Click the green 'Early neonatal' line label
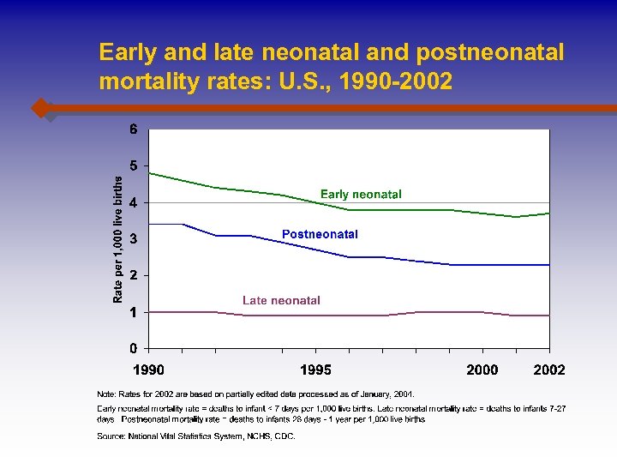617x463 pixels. pos(361,195)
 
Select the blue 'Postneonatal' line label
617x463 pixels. pos(320,234)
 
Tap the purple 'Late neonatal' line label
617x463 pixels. pos(281,300)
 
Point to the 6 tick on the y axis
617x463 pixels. pos(134,129)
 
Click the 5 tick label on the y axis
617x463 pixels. pos(134,165)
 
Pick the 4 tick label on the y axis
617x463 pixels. pos(134,202)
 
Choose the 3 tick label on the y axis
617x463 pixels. pos(134,238)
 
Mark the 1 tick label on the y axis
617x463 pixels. pos(134,312)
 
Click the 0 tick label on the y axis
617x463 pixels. pos(134,348)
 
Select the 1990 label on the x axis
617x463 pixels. pos(149,370)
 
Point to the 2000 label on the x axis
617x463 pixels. pos(482,370)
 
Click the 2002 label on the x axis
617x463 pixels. pos(549,370)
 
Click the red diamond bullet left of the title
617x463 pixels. pos(40,108)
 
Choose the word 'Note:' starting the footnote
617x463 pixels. pos(108,394)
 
